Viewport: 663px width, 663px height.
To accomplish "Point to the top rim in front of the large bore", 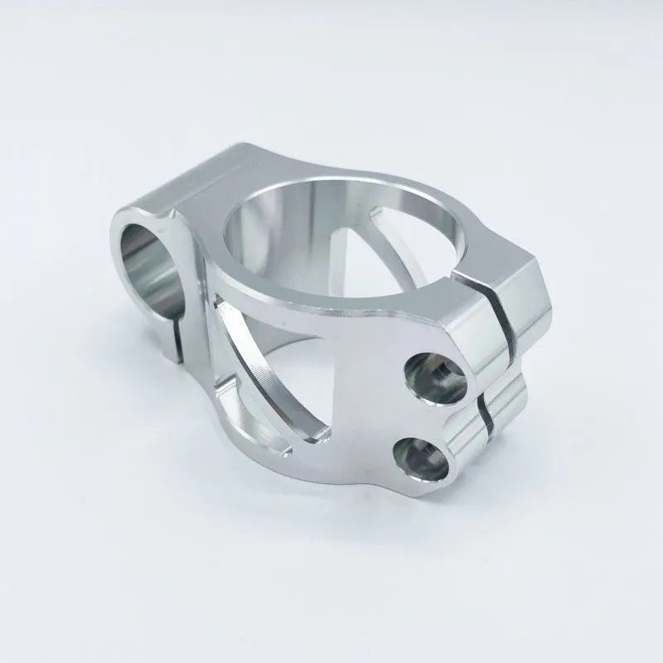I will pos(331,311).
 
